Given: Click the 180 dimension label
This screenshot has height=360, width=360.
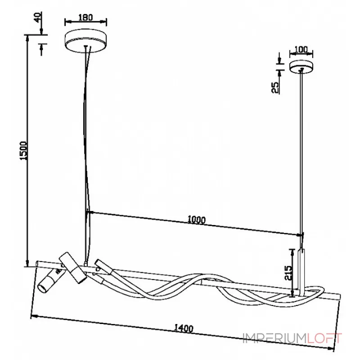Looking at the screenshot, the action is (x=85, y=17).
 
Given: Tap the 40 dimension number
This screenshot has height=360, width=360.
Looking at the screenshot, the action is (x=38, y=17).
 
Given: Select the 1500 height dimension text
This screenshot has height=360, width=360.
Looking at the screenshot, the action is (x=23, y=151).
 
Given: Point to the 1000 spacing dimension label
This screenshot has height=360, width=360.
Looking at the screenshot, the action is (x=197, y=220).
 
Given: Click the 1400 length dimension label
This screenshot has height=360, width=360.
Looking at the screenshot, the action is (x=184, y=328).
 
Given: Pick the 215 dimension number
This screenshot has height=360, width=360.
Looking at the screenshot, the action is (x=288, y=273).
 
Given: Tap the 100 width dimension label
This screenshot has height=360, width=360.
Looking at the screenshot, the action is (x=301, y=49).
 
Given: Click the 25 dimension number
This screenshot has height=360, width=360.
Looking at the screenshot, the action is (x=275, y=87).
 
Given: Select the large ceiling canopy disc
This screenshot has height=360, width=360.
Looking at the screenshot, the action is (x=86, y=40).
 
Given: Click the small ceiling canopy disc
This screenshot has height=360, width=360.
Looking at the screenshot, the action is (x=301, y=67).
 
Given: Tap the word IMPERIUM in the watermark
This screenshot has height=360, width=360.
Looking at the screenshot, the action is (x=275, y=338).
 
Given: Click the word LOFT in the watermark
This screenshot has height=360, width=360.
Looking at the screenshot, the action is (x=324, y=338).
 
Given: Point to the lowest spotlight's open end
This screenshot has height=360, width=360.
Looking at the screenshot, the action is (x=42, y=288).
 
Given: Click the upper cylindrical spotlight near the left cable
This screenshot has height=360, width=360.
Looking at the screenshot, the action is (x=73, y=268).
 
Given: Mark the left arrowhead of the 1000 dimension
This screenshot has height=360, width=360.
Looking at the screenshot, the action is (x=90, y=212).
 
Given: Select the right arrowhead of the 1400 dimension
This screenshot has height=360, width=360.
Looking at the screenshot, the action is (x=331, y=348).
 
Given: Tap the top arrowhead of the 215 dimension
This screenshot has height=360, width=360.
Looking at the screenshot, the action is (x=292, y=252).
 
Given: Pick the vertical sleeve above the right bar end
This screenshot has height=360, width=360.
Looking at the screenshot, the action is (x=301, y=272).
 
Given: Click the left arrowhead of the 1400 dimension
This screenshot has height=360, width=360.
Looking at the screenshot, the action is (x=35, y=317).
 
